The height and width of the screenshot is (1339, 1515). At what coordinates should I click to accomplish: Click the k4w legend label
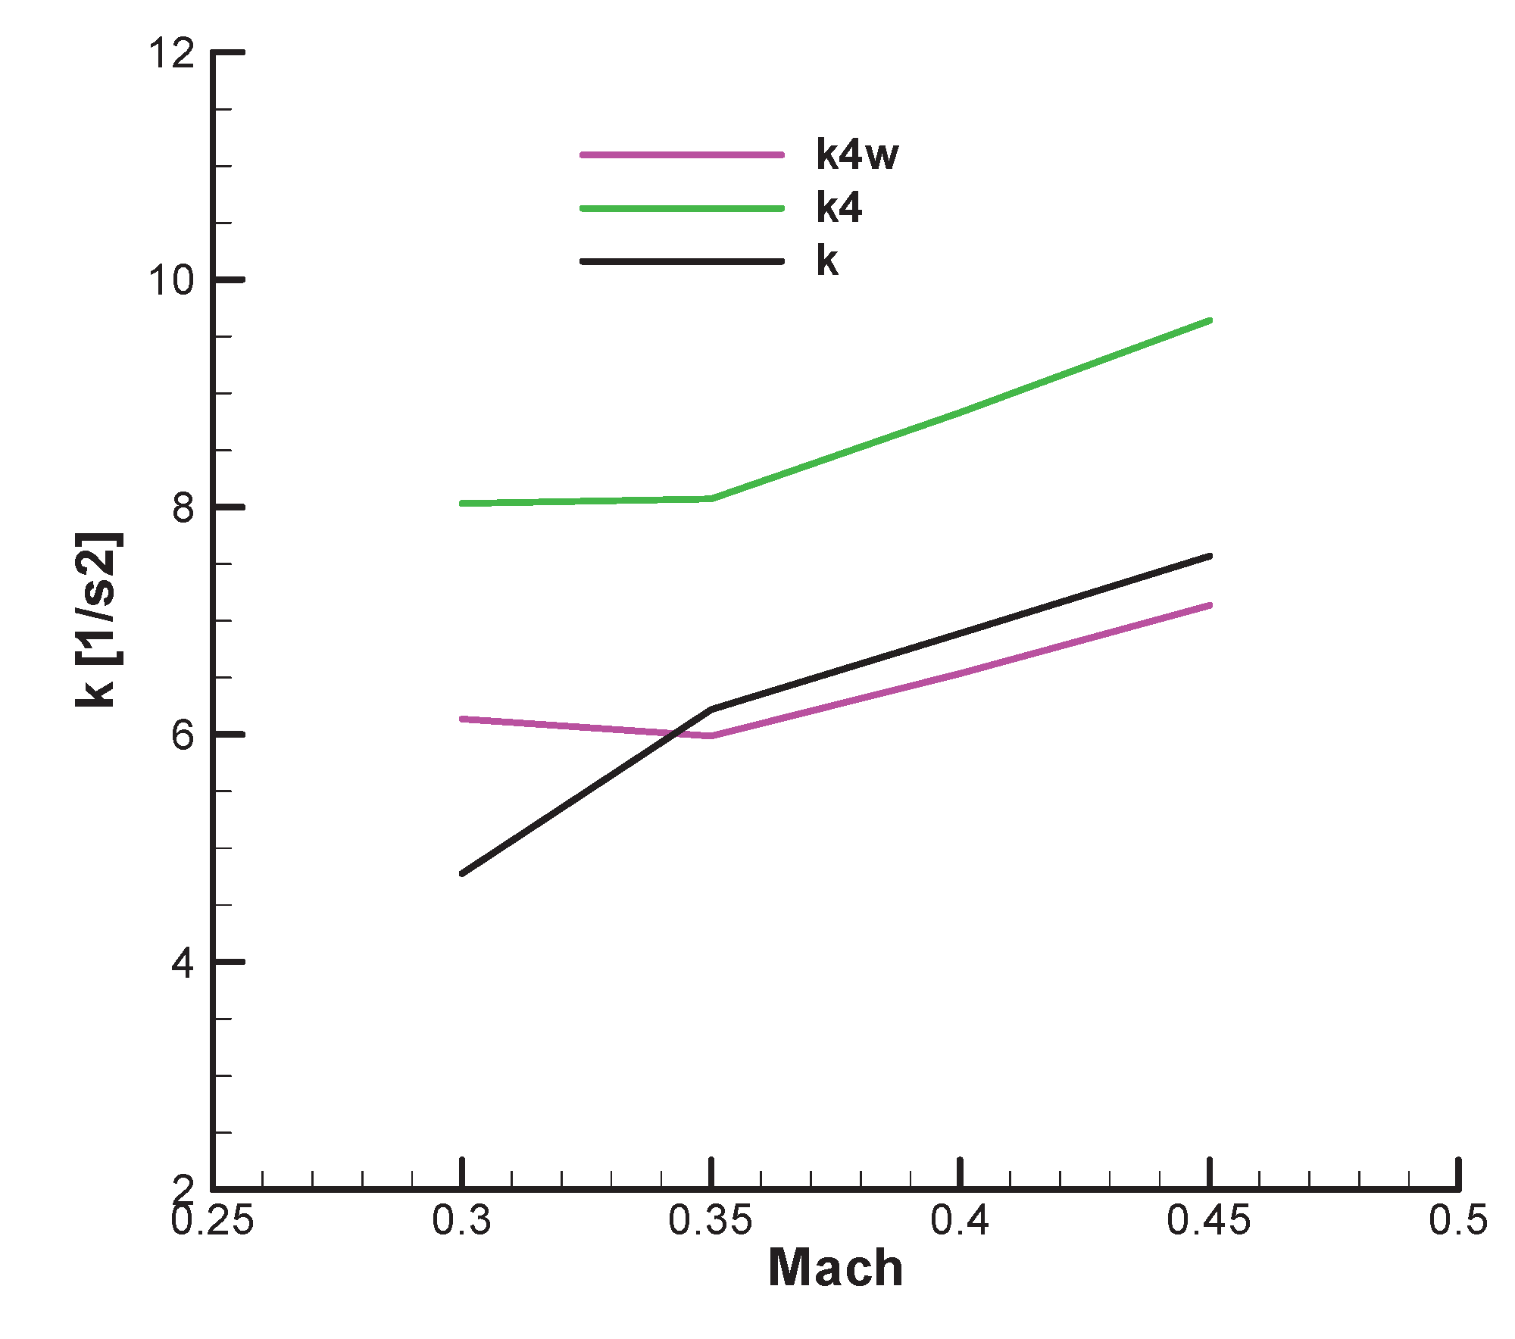coord(857,154)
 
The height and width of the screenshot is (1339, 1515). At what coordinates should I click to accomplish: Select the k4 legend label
coord(839,208)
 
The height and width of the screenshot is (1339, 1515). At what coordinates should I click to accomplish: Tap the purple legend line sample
coord(682,154)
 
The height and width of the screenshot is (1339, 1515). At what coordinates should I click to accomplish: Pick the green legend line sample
coord(682,208)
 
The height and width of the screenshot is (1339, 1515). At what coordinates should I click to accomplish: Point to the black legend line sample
coord(682,262)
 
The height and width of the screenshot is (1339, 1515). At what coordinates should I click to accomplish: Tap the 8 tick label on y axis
coord(183,508)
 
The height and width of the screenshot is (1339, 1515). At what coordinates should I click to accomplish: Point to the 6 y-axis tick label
coord(183,735)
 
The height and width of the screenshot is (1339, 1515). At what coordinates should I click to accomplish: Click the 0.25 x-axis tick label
coord(213,1222)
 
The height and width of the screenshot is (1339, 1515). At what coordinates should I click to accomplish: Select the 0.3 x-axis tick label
coord(462,1222)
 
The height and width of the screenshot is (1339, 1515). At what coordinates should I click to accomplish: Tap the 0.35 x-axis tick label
coord(711,1222)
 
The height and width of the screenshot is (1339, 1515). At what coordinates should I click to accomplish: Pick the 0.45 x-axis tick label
coord(1209,1222)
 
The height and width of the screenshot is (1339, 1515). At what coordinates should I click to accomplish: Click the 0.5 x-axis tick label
coord(1458,1222)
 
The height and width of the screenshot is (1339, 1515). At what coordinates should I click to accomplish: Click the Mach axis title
coord(836,1269)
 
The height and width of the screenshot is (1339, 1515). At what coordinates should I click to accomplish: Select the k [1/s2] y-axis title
coord(97,620)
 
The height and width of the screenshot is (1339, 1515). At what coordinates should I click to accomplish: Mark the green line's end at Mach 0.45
coord(1210,320)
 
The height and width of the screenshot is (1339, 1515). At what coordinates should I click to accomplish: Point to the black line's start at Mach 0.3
coord(462,873)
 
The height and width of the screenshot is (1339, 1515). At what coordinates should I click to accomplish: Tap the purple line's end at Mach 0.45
coord(1210,605)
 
